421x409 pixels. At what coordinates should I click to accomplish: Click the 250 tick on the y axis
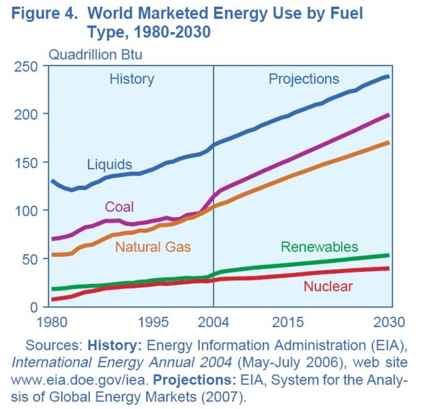(28, 66)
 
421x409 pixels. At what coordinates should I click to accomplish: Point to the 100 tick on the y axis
(28, 211)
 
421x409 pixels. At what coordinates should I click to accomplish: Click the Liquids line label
(109, 165)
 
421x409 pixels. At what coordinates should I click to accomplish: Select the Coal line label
(119, 207)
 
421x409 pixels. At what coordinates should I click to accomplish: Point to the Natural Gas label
(153, 246)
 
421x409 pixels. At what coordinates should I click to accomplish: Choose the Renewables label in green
(319, 246)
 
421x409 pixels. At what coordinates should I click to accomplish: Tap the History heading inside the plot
(132, 79)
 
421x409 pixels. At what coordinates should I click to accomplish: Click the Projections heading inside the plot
(304, 79)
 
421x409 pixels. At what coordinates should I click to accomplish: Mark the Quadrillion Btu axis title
(95, 53)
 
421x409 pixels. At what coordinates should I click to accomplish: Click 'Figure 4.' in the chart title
(43, 13)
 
